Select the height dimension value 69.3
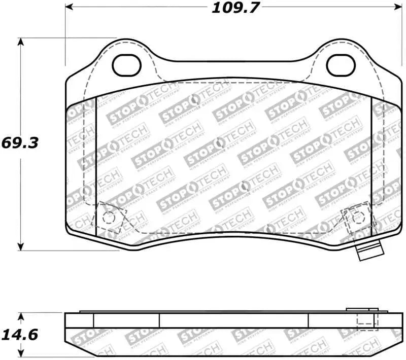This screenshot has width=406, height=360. (20, 142)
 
